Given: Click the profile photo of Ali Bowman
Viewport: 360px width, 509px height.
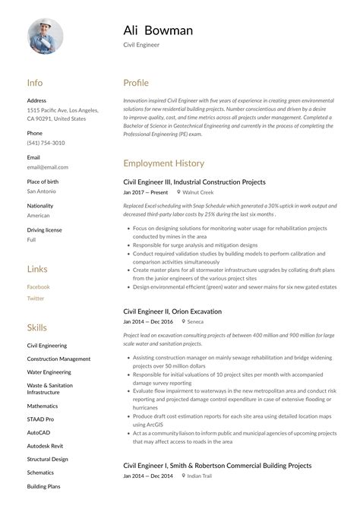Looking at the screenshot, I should [46, 36].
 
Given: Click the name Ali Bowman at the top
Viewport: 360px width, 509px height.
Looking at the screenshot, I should [158, 30].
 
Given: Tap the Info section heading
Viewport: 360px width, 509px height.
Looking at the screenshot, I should [35, 83].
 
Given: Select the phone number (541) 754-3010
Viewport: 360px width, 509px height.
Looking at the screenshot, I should [46, 143].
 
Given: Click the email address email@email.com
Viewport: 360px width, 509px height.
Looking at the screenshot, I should [47, 167].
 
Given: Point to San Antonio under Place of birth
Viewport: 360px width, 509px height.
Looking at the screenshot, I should [43, 191].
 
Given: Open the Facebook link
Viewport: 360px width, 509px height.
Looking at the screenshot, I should [39, 287].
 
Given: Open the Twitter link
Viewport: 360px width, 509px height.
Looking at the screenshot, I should [36, 299].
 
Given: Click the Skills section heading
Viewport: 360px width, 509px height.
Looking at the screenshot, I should [36, 328].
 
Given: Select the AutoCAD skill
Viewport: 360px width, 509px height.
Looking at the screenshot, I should [39, 432].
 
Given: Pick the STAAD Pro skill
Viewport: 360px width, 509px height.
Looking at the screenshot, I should [40, 419].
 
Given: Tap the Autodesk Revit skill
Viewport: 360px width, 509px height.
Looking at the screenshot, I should [45, 445].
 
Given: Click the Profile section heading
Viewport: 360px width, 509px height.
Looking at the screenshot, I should [136, 83].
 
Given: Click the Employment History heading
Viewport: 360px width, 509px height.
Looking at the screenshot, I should [163, 163].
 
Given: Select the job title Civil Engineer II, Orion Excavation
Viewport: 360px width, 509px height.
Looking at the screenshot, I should [172, 311].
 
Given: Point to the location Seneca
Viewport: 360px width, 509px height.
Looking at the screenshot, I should [195, 322].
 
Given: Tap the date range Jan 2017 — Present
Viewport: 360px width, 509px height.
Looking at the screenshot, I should [145, 193].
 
